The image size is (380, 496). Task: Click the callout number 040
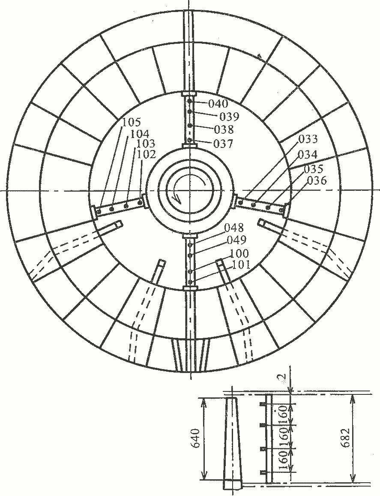click(218, 103)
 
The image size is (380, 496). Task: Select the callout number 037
click(223, 144)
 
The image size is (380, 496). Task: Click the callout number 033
click(308, 139)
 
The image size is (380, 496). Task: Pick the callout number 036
click(317, 180)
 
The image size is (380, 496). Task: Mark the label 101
click(241, 265)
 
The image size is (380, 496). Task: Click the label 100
click(239, 253)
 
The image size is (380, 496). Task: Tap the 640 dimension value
click(195, 438)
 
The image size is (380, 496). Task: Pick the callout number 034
click(307, 154)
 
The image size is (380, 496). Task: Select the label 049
click(236, 240)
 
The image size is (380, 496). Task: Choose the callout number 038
click(224, 129)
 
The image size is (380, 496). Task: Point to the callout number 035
click(313, 169)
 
